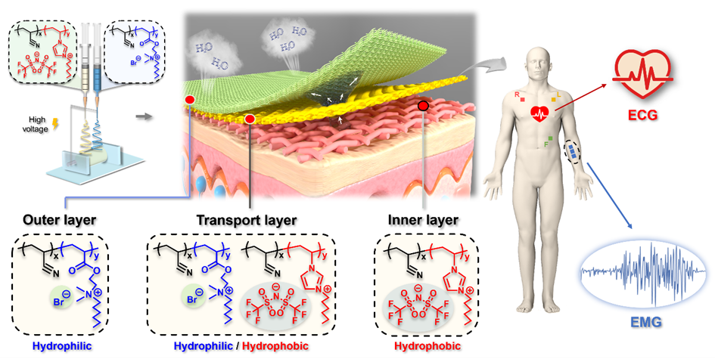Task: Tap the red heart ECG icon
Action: pos(642,76)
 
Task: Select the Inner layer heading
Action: pos(421,221)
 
